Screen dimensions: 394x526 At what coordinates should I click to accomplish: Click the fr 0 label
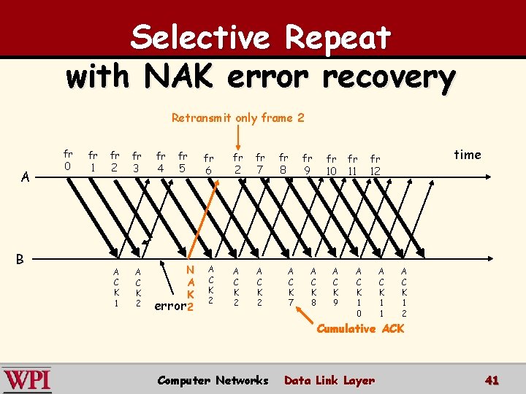(68, 160)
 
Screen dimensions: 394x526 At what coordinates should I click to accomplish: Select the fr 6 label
(209, 164)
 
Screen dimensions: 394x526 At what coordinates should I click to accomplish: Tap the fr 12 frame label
(376, 165)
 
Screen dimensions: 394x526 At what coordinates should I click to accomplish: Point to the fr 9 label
(308, 164)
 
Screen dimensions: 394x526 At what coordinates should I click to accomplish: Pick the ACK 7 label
(290, 286)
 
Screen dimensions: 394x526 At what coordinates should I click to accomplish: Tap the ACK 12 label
(404, 292)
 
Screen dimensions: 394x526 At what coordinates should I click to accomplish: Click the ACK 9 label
(335, 286)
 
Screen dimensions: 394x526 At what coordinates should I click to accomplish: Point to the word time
(468, 155)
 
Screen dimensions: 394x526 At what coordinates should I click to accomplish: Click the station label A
(26, 177)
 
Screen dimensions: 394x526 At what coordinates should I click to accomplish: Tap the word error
(170, 306)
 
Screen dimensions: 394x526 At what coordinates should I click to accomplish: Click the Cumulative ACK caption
(359, 329)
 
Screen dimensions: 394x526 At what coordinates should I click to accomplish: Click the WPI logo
(27, 380)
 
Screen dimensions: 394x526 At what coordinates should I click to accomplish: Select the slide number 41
(492, 380)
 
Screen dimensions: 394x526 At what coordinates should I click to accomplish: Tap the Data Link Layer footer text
(329, 380)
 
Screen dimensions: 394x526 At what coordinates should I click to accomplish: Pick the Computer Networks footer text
(213, 380)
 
